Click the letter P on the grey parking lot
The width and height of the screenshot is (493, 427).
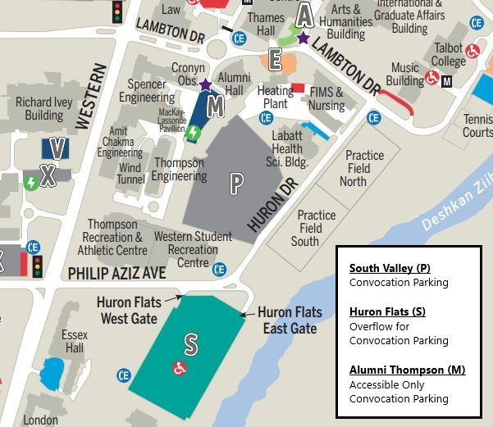tap(236, 184)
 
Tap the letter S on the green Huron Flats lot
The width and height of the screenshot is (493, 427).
tap(190, 345)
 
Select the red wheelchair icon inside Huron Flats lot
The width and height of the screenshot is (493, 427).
tap(178, 368)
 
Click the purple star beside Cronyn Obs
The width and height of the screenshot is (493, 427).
tap(204, 84)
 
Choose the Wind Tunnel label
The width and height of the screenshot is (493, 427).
tap(130, 174)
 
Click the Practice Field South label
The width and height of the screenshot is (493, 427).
tap(316, 228)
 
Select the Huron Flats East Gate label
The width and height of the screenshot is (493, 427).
tap(286, 320)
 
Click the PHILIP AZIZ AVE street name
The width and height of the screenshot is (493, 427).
tap(116, 272)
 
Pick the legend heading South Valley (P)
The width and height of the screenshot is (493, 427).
tap(389, 268)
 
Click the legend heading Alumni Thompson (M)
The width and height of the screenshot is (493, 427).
tap(407, 370)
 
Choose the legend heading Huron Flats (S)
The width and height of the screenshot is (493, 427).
tap(387, 311)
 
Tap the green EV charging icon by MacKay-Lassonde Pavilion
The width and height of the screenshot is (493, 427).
tap(193, 133)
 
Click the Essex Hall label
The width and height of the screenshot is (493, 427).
tap(74, 342)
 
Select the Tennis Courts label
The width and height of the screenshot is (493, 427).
tap(477, 125)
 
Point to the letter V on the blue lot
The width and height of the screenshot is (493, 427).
tap(57, 148)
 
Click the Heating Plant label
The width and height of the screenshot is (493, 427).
tap(275, 97)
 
